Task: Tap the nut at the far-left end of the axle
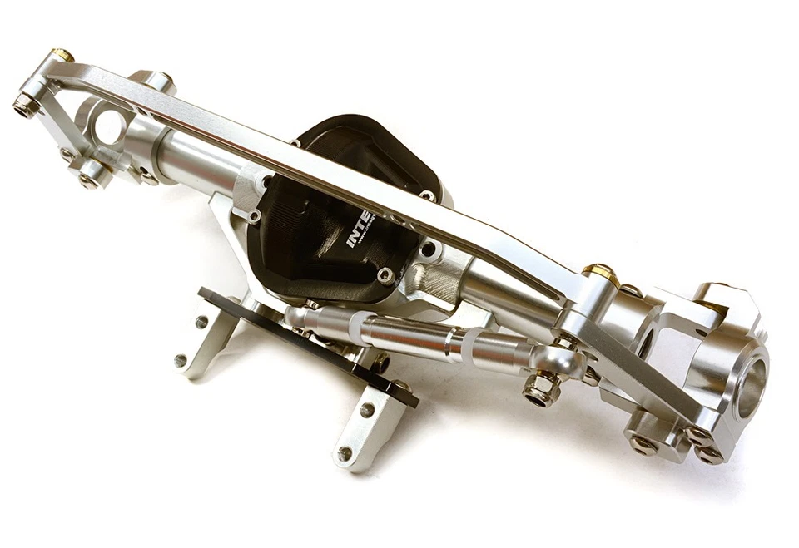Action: click(24, 106)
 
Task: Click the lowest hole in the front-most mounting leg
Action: click(345, 453)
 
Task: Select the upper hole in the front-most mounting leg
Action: click(366, 410)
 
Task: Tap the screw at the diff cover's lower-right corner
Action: click(384, 274)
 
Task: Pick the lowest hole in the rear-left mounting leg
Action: click(181, 360)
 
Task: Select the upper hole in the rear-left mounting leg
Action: click(201, 321)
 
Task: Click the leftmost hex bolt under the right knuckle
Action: click(642, 443)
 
